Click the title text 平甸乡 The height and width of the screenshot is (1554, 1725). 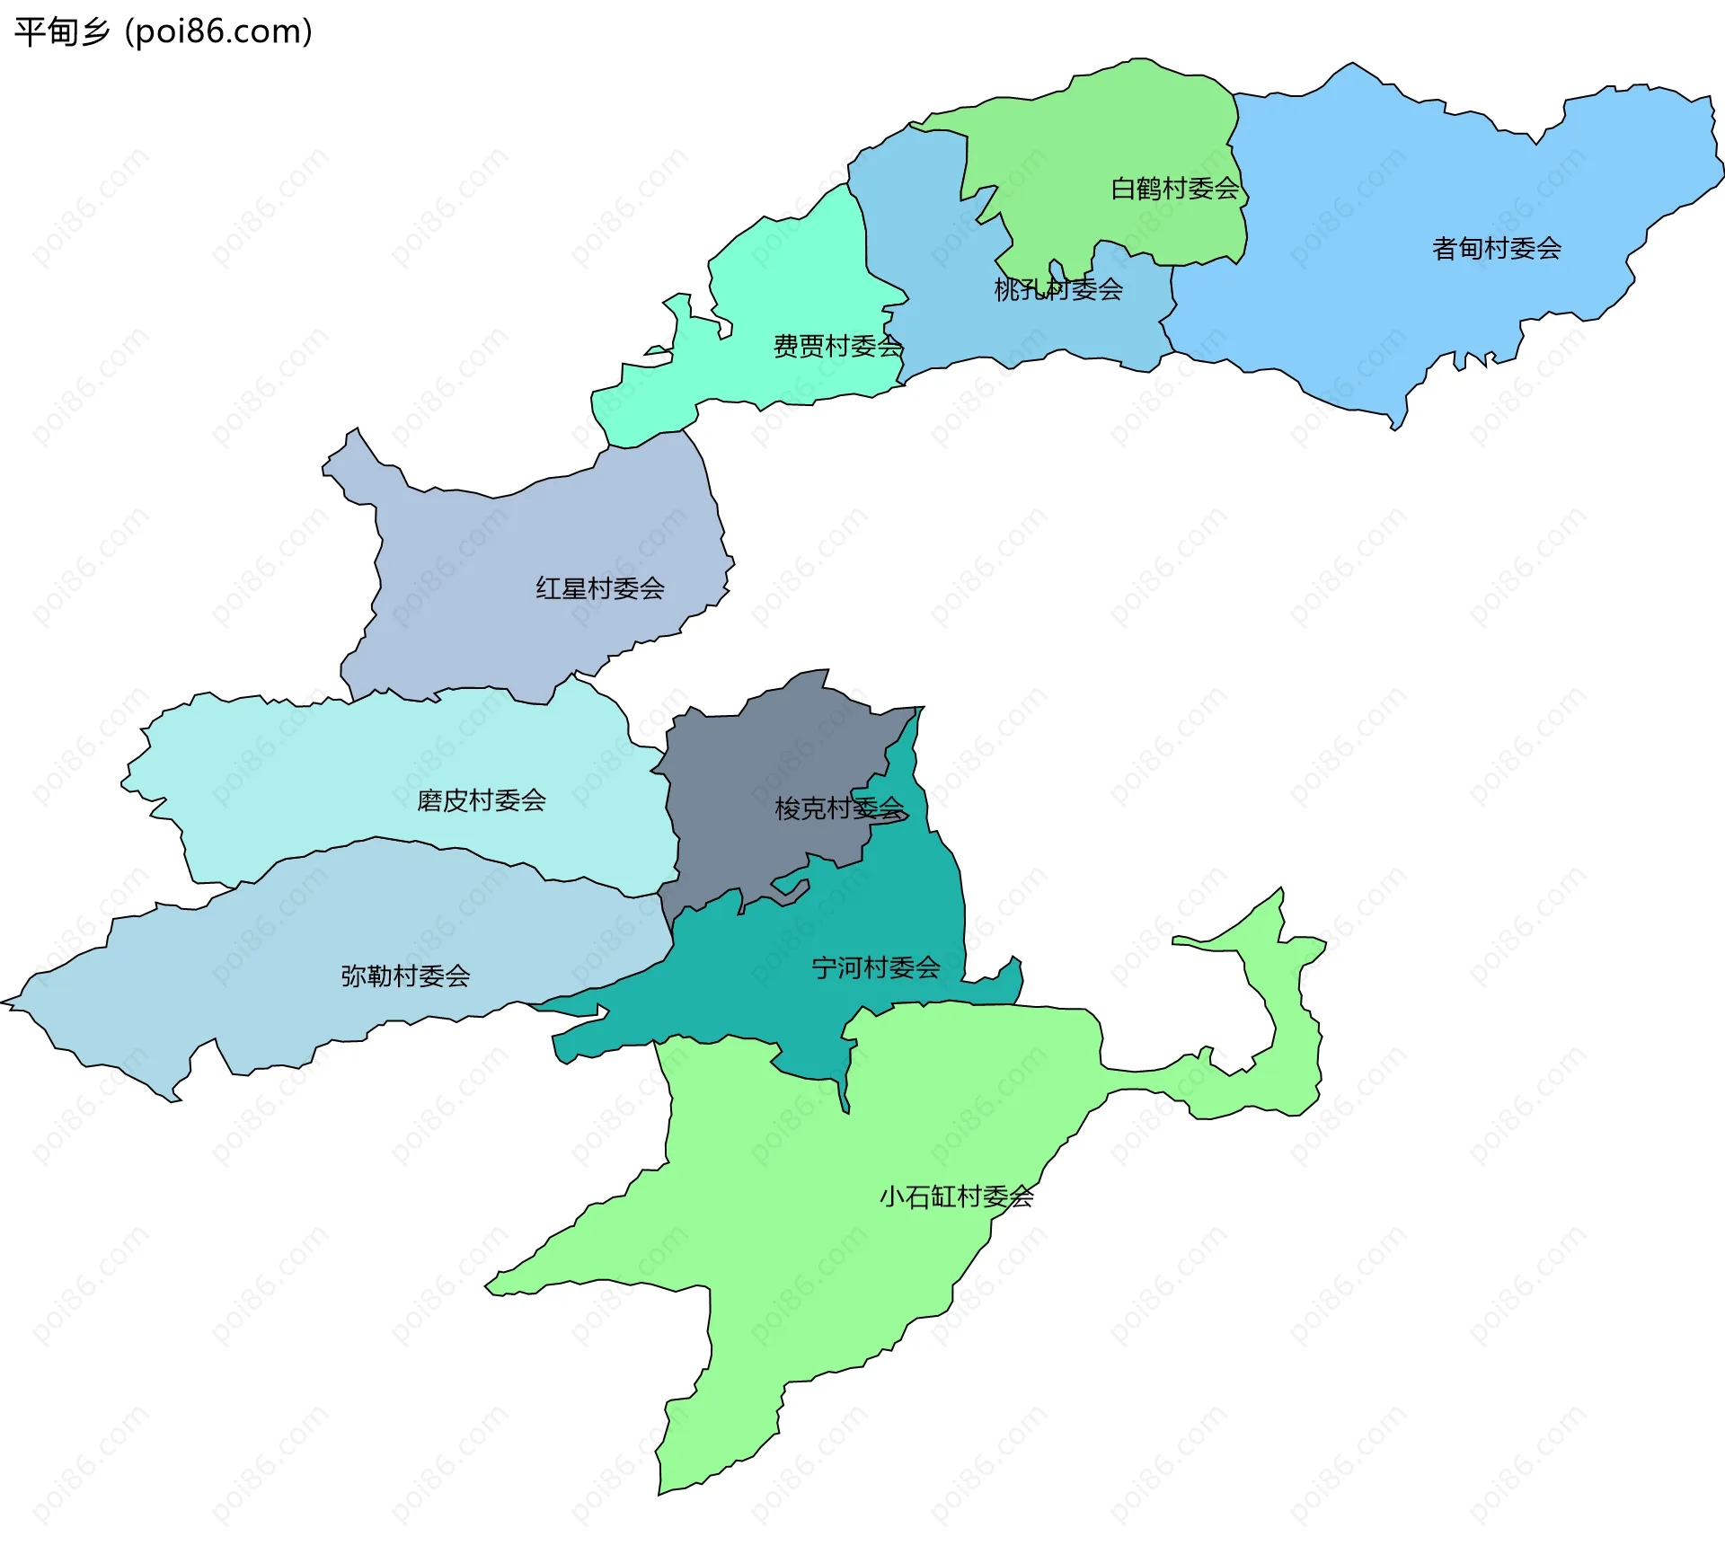coord(61,31)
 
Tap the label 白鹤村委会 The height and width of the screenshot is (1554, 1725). coord(1174,189)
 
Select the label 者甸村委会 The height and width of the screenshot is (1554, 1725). coord(1496,249)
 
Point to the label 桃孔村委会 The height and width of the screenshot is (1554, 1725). coord(1058,289)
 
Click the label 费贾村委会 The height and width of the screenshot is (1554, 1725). coord(837,346)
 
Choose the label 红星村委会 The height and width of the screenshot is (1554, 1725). coord(600,588)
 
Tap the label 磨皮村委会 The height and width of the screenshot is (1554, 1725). coord(482,800)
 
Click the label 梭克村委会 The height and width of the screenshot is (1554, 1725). coord(839,808)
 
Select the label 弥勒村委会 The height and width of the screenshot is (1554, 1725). coord(405,976)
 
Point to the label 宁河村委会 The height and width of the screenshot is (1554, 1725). coord(876,967)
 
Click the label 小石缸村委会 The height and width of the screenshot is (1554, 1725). coord(956,1196)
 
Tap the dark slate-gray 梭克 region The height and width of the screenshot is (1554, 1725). coord(764,764)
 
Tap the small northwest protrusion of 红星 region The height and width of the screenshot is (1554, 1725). coord(346,449)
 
